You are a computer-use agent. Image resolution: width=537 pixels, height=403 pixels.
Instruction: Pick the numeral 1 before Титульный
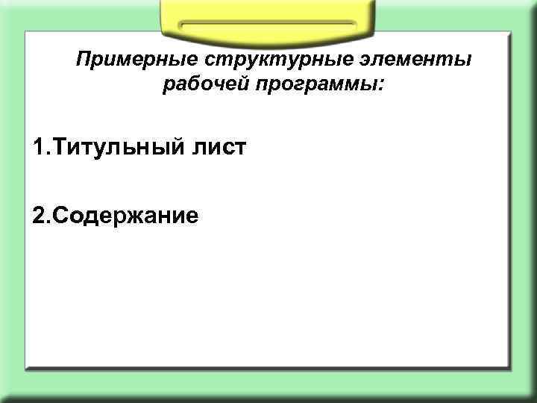[38, 147]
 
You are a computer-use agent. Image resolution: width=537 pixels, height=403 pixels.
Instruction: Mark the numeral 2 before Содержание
[39, 216]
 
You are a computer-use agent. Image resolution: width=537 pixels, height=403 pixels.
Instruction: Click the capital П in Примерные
[85, 59]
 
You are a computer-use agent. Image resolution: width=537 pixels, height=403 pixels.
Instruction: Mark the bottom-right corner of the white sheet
[509, 368]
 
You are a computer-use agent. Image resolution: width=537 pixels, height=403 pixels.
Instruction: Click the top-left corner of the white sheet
[26, 33]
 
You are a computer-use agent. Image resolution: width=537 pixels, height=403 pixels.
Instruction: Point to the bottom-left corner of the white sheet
[26, 368]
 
